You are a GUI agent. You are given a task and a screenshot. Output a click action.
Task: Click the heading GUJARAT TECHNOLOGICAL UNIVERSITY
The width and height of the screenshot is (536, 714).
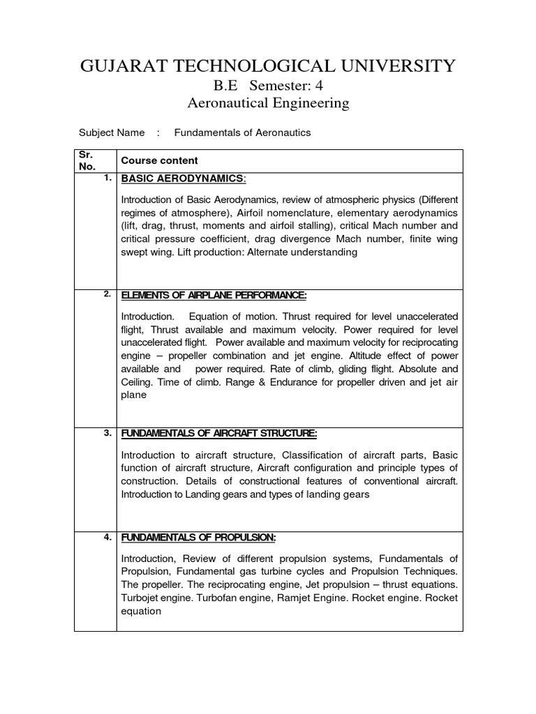pyautogui.click(x=268, y=66)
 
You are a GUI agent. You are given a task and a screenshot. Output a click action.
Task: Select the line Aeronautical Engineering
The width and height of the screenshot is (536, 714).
pyautogui.click(x=269, y=104)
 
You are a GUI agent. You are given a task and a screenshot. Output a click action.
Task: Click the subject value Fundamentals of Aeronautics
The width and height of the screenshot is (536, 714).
pyautogui.click(x=242, y=132)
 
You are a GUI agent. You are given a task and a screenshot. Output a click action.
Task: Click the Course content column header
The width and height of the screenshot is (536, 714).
pyautogui.click(x=160, y=160)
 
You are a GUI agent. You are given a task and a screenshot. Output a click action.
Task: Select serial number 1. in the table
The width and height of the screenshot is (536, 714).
pyautogui.click(x=107, y=178)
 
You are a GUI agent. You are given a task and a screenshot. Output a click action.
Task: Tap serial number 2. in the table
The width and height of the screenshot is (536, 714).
pyautogui.click(x=107, y=294)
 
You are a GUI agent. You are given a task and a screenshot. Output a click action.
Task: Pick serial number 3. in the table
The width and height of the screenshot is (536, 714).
pyautogui.click(x=107, y=432)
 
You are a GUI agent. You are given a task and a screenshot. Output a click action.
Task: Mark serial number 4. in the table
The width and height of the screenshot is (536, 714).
pyautogui.click(x=107, y=536)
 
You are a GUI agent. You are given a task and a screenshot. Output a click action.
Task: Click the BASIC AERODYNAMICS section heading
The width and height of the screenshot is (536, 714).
pyautogui.click(x=184, y=179)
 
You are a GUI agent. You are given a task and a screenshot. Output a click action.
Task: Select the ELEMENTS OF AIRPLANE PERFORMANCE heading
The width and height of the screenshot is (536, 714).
pyautogui.click(x=214, y=295)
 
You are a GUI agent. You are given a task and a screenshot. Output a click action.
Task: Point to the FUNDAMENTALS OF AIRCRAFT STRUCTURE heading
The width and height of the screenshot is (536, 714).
pyautogui.click(x=219, y=434)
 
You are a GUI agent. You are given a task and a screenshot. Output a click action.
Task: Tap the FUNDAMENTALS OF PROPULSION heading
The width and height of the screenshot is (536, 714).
pyautogui.click(x=199, y=537)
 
